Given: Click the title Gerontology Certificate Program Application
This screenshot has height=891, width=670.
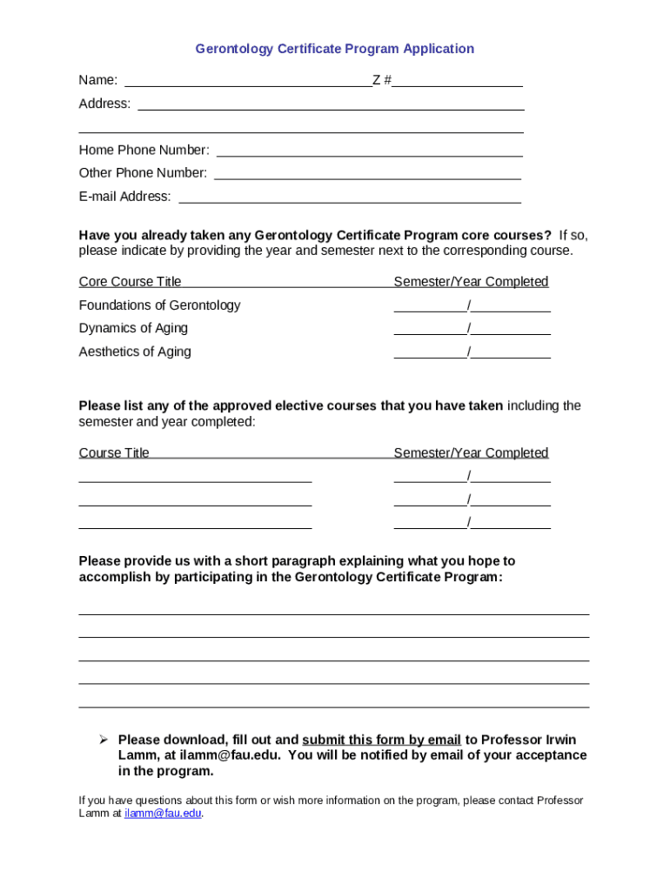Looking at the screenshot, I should (x=334, y=49).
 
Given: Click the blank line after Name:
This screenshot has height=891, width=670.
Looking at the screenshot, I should (x=248, y=82).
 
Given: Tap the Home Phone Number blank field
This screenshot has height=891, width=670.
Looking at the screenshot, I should (x=369, y=151).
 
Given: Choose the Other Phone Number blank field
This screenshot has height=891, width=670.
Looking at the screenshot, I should (x=367, y=174).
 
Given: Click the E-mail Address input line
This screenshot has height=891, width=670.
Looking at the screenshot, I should (x=349, y=198).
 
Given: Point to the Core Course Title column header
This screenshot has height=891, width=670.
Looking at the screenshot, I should (x=131, y=282).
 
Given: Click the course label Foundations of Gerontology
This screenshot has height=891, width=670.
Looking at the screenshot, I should (x=159, y=305).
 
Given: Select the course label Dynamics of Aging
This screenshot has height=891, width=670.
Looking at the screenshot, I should (x=133, y=328).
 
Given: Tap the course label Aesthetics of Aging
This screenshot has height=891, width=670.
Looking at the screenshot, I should (x=135, y=352).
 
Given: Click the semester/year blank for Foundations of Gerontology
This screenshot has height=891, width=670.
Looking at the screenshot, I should (x=472, y=305).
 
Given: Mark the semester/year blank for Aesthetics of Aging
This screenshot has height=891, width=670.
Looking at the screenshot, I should (x=472, y=352).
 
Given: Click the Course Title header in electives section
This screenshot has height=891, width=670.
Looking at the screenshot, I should (x=114, y=453).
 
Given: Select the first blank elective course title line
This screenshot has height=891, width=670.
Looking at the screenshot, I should (x=195, y=477).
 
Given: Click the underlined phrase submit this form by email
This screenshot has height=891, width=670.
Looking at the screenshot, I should (x=381, y=740).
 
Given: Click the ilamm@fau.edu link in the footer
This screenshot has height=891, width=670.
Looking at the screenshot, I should (x=163, y=814).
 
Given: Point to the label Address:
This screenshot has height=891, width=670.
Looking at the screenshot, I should (x=104, y=104).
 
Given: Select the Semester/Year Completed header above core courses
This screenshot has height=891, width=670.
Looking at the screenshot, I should (x=471, y=282).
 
